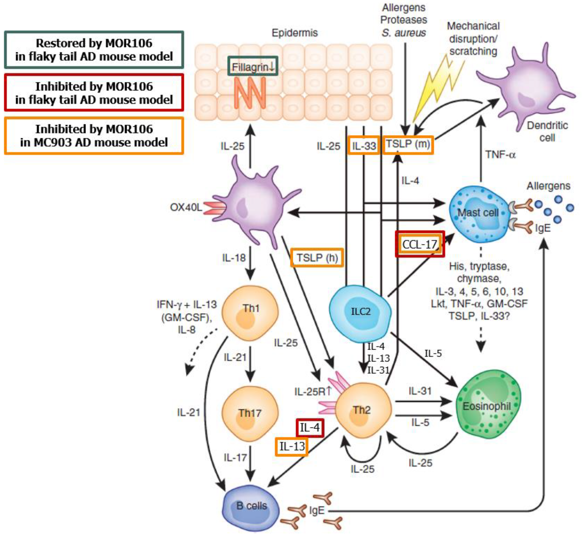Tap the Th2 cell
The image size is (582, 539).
click(x=363, y=411)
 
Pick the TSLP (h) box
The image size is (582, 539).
click(x=317, y=258)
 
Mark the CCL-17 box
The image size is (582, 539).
click(x=420, y=244)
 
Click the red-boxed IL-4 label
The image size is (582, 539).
click(x=310, y=428)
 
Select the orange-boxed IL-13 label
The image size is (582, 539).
click(x=292, y=446)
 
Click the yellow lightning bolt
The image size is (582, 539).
click(x=437, y=87)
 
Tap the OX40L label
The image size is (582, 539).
click(x=186, y=207)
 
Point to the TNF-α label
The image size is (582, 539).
click(x=500, y=154)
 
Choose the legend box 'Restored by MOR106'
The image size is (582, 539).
click(x=94, y=50)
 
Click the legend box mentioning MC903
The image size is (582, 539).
click(x=94, y=136)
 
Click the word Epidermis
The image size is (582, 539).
click(x=295, y=33)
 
